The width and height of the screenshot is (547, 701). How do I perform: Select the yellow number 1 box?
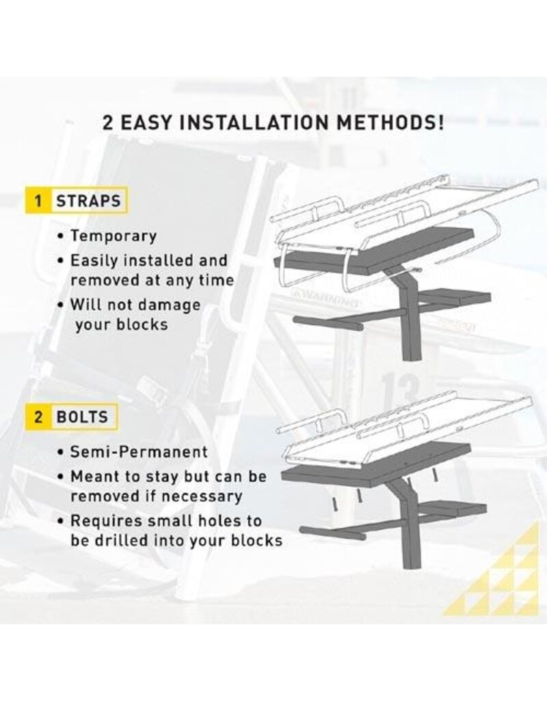(38, 201)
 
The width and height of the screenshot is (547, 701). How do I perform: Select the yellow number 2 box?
(38, 417)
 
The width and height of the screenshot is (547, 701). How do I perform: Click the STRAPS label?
(88, 201)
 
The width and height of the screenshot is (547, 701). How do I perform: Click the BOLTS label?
(82, 417)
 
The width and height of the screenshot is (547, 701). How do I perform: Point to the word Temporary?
(114, 236)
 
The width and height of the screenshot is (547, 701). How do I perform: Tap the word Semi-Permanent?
(139, 452)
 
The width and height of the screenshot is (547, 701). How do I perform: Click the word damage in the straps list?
(168, 306)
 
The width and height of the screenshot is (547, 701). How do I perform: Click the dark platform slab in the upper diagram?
(375, 253)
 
